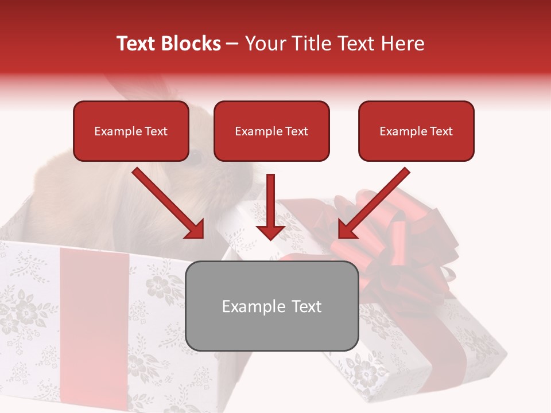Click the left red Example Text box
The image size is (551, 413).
(x=131, y=131)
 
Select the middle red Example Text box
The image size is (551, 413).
(x=271, y=131)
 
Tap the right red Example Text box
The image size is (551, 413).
(x=416, y=131)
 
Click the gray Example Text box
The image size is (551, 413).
(x=271, y=306)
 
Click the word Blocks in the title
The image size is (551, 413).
(x=193, y=44)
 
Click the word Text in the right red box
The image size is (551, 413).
(x=441, y=131)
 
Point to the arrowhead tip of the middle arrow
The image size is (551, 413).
(x=270, y=239)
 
